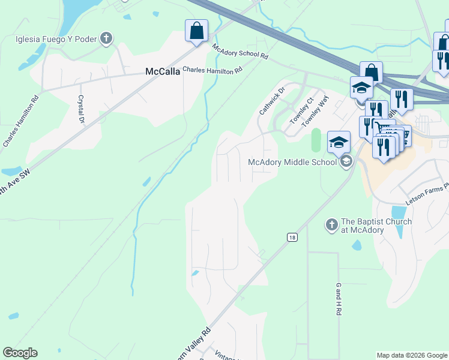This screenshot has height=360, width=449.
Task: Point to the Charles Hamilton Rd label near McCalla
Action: [x=212, y=70]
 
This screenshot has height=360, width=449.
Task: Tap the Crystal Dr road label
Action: [x=80, y=109]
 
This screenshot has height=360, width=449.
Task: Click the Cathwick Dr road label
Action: [x=270, y=103]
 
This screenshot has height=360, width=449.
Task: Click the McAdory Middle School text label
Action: [x=292, y=161]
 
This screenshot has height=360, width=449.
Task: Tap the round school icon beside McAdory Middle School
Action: [x=346, y=161]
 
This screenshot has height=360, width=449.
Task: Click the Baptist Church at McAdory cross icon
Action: [x=331, y=225]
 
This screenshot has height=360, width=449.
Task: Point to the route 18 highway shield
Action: [x=291, y=237]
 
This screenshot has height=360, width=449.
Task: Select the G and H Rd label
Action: [x=339, y=299]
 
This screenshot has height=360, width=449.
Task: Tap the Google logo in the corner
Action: [x=20, y=353]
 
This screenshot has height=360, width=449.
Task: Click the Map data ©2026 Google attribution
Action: [x=412, y=355]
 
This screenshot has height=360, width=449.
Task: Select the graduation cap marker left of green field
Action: [x=339, y=143]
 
